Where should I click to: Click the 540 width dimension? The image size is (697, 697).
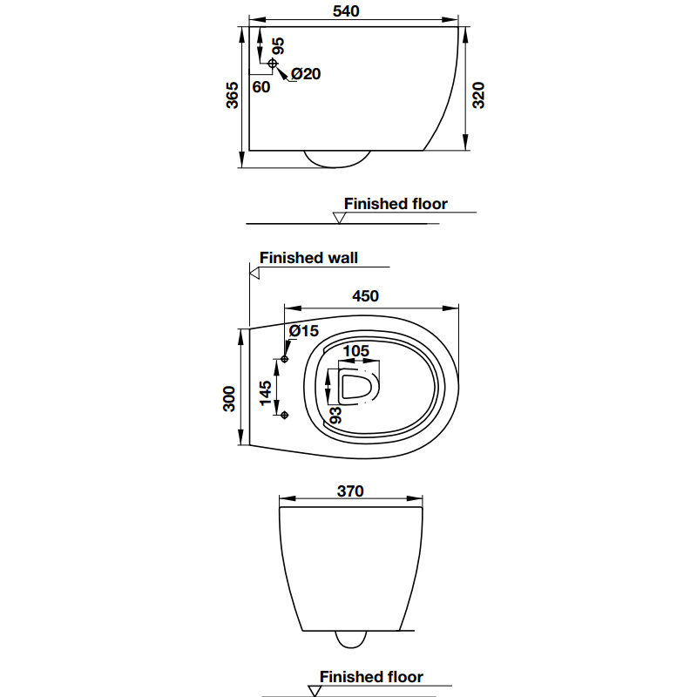[x=346, y=11]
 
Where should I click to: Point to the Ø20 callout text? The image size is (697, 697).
[x=306, y=74]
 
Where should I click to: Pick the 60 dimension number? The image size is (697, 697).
[x=261, y=86]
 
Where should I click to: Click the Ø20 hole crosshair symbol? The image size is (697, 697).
[x=273, y=64]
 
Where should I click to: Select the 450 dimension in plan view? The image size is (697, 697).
[x=365, y=296]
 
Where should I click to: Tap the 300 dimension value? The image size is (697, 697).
[x=229, y=400]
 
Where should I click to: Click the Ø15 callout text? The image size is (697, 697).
[x=304, y=331]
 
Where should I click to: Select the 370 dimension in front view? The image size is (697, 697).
[x=349, y=491]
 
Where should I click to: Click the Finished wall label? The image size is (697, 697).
[x=308, y=258]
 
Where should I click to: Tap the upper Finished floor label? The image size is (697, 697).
[x=396, y=204]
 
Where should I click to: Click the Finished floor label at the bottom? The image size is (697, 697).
[x=371, y=677]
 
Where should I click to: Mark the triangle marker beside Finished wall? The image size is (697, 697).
[x=254, y=273]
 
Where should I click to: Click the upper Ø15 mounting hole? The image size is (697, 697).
[x=285, y=359]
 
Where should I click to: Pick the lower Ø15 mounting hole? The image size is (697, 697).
[x=285, y=415]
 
